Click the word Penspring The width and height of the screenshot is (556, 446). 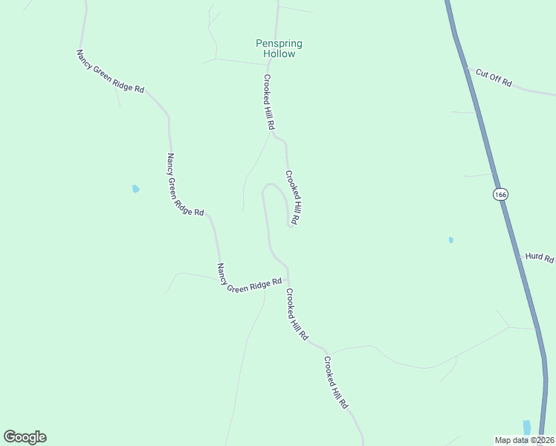point(279,44)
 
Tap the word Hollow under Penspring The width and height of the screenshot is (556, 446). point(279,54)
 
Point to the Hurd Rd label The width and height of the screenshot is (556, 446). point(540,257)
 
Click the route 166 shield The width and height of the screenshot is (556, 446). point(500,195)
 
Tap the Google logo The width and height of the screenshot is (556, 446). point(25,437)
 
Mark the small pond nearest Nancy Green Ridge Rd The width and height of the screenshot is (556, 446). point(135,189)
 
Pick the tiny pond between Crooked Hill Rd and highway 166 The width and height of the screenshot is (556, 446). point(451,240)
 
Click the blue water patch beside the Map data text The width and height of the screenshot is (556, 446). point(527,427)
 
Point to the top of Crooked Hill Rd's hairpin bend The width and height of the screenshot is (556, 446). point(272,185)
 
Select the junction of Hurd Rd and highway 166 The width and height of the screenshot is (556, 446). point(520,255)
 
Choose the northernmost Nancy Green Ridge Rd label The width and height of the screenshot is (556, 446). point(110,71)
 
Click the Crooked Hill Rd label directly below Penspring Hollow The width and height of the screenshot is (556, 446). point(269,103)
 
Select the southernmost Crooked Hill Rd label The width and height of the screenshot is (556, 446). point(336,382)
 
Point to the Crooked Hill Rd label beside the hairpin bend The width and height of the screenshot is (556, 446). point(293,198)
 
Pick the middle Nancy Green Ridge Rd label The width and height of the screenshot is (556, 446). point(184,185)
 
